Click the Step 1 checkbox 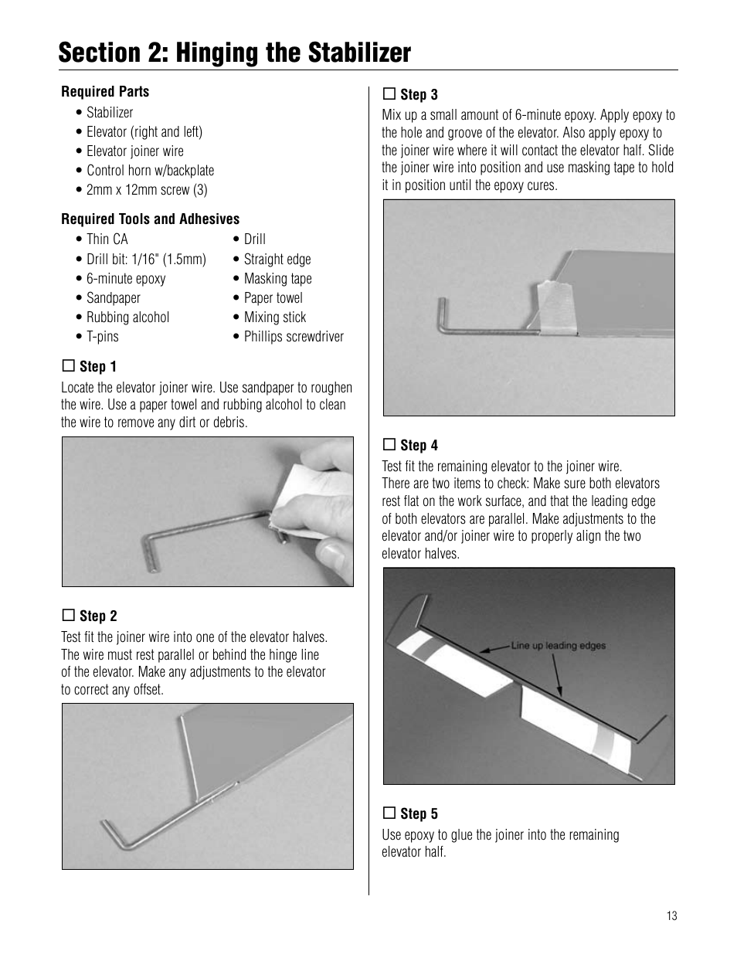click(x=68, y=366)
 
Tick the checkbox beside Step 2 click(x=68, y=616)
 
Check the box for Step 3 click(x=389, y=94)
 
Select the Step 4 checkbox click(x=389, y=445)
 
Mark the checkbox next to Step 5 click(x=389, y=813)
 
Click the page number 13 click(x=671, y=916)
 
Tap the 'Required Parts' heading click(x=105, y=92)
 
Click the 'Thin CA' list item click(x=107, y=239)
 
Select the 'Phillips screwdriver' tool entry click(x=293, y=337)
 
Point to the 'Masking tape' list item click(x=277, y=279)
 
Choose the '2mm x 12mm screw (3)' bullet click(x=146, y=190)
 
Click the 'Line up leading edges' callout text click(x=558, y=646)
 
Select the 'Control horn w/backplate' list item click(x=150, y=171)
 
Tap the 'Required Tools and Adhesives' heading click(x=151, y=219)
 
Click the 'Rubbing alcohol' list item click(x=127, y=317)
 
